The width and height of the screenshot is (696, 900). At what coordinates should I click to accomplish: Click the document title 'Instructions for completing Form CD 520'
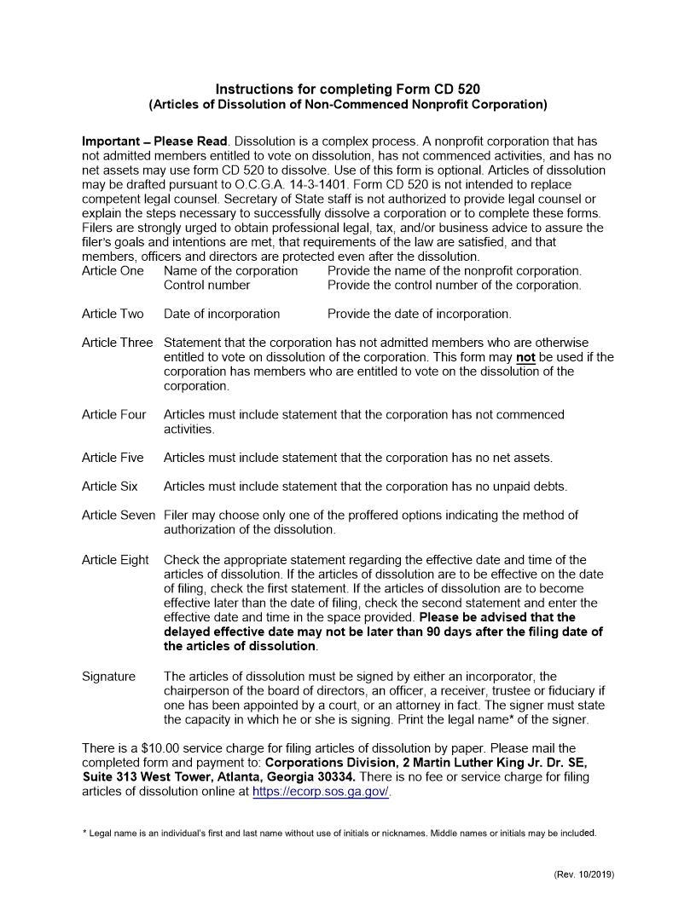348,89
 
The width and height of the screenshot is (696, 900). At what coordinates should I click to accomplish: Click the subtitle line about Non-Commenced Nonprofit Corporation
348,105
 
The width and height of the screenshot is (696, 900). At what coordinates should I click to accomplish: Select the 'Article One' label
113,271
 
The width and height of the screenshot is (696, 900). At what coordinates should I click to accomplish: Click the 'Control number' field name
207,285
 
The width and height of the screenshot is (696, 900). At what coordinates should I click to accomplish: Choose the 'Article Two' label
113,314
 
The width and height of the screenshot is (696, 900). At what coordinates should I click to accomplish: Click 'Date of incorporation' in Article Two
222,314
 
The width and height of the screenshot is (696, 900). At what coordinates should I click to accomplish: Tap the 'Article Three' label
118,343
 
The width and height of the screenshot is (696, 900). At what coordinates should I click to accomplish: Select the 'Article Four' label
114,415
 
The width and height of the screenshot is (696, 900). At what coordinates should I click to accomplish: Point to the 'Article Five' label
113,458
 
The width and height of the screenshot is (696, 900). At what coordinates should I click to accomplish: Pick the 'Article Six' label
110,487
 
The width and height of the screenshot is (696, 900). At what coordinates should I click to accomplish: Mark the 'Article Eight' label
115,560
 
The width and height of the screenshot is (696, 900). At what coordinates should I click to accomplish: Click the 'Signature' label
108,677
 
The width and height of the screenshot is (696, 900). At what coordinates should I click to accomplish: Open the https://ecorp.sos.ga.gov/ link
321,792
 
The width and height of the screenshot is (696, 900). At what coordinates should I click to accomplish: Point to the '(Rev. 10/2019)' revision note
583,874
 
